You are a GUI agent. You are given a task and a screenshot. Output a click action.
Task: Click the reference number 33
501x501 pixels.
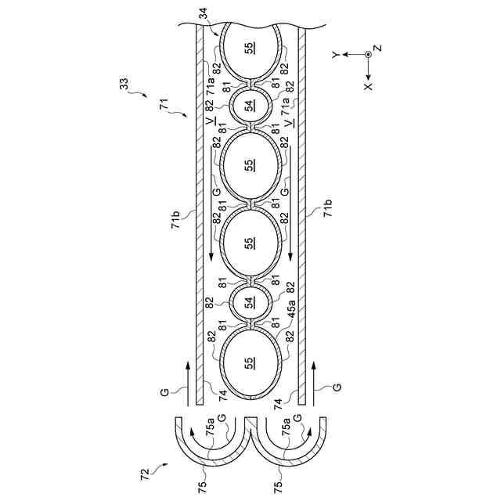coord(124,84)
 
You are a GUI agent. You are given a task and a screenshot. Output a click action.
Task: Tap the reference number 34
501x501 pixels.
coord(204,13)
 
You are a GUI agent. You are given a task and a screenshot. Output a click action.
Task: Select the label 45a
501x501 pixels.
coord(291,308)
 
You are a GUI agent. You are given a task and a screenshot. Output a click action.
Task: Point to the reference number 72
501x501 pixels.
coord(146,474)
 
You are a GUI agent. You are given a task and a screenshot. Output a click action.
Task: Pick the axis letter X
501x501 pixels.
coord(369,87)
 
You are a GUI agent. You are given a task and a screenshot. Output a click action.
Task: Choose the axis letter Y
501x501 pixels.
coord(335,56)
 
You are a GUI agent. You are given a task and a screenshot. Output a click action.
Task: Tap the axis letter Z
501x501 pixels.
coord(378,48)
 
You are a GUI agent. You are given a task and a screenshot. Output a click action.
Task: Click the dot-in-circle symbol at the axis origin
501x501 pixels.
coord(369,54)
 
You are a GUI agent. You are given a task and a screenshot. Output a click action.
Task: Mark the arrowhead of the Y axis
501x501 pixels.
coord(345,54)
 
